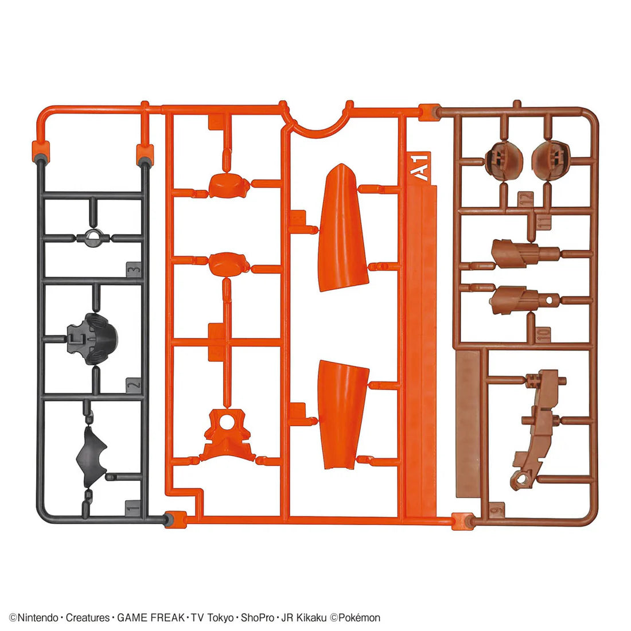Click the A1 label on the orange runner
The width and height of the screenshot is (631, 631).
(419, 166)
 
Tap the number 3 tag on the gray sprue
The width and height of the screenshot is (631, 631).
(134, 269)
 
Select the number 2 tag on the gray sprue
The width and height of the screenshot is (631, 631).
(133, 385)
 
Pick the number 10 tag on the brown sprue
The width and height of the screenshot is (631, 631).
(543, 334)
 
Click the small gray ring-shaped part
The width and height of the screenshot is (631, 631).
(94, 237)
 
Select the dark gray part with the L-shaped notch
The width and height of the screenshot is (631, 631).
(92, 339)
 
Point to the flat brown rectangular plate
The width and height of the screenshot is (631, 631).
(468, 424)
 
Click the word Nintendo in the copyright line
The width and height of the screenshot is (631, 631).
(38, 618)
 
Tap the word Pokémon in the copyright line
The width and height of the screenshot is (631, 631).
(359, 618)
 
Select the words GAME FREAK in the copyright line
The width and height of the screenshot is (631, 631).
(151, 618)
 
